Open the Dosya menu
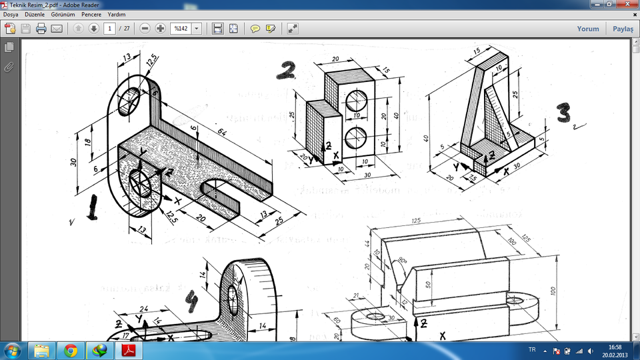point(11,14)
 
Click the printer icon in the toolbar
point(41,29)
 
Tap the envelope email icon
point(57,29)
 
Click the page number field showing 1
point(109,29)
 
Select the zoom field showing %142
point(181,29)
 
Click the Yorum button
point(587,29)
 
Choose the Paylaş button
point(623,29)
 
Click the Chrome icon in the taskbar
point(71,350)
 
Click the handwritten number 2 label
point(287,69)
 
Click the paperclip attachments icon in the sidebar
point(9,66)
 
